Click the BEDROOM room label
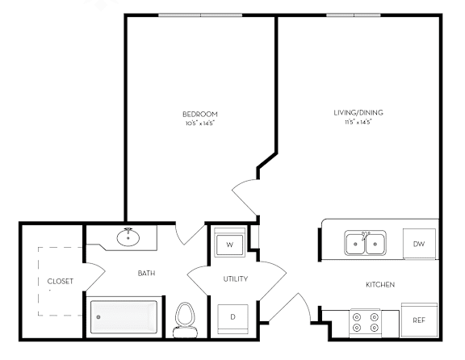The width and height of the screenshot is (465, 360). coord(200,114)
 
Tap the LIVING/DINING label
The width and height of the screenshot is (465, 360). coord(358,113)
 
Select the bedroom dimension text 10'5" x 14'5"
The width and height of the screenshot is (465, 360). coord(200,123)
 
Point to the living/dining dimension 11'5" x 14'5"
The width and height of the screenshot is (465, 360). coord(358,122)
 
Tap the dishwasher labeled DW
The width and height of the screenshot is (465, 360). coord(419,244)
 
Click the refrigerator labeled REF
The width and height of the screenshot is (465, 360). coord(419,320)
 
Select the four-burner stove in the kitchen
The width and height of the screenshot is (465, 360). coord(366,323)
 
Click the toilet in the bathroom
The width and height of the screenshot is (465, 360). coord(185,320)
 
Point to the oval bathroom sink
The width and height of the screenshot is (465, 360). coord(128,237)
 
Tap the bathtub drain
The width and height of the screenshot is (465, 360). coord(98,317)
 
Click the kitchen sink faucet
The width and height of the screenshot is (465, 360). coord(365,236)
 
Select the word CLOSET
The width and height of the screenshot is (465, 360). coord(61,281)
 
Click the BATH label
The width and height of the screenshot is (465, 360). coord(146,273)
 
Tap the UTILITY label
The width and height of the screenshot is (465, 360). coord(236,278)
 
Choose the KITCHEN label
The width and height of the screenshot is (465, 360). coord(380,285)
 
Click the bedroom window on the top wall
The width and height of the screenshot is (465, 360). coord(200,15)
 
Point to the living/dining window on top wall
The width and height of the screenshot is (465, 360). coord(354,15)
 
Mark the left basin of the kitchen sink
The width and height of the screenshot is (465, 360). coord(355,244)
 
